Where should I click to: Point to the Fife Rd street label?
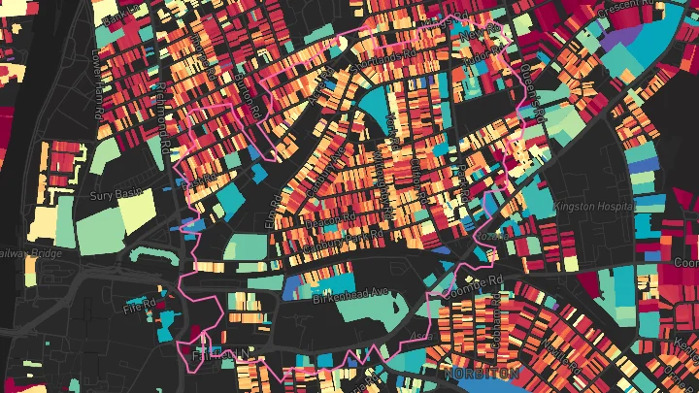tap(140, 308)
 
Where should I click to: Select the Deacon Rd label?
tap(322, 220)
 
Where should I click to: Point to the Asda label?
tap(423, 335)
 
